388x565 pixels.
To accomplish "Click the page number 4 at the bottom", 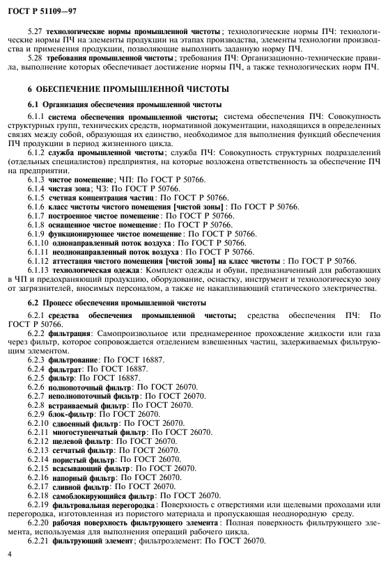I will [10, 554].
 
